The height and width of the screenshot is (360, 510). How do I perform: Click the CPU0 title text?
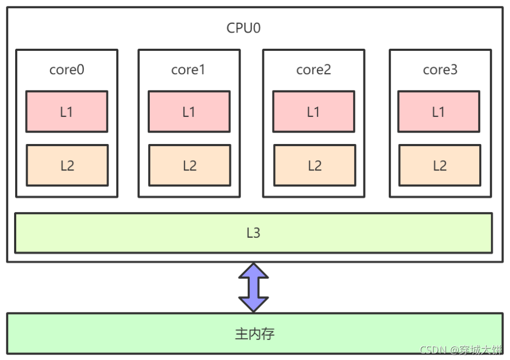pyautogui.click(x=243, y=28)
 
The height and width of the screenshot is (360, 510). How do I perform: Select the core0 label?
pyautogui.click(x=67, y=70)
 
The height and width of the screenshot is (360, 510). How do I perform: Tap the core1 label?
pyautogui.click(x=188, y=70)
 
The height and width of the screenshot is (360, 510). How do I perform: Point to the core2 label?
pyautogui.click(x=314, y=70)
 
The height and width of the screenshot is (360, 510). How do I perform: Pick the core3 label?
pyautogui.click(x=440, y=70)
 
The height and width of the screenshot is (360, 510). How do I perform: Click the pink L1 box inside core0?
pyautogui.click(x=67, y=112)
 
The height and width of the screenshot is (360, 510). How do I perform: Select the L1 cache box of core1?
pyautogui.click(x=189, y=112)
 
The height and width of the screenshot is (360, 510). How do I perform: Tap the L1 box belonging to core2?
pyautogui.click(x=314, y=112)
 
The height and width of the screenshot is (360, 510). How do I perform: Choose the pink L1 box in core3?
pyautogui.click(x=439, y=112)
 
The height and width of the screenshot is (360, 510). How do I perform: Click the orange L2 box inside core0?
pyautogui.click(x=67, y=165)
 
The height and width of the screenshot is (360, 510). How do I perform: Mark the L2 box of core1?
pyautogui.click(x=189, y=165)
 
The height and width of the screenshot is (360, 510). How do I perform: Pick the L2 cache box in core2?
pyautogui.click(x=314, y=165)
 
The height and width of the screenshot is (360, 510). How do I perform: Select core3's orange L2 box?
pyautogui.click(x=439, y=165)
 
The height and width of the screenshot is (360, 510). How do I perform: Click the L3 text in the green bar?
pyautogui.click(x=253, y=233)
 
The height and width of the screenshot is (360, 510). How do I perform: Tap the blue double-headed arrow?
pyautogui.click(x=254, y=287)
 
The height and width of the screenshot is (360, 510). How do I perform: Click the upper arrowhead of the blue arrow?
pyautogui.click(x=254, y=271)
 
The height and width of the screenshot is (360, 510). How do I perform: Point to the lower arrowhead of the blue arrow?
pyautogui.click(x=254, y=304)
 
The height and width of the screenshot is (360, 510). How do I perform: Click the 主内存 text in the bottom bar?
pyautogui.click(x=255, y=333)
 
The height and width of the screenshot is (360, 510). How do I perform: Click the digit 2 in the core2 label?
pyautogui.click(x=328, y=70)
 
